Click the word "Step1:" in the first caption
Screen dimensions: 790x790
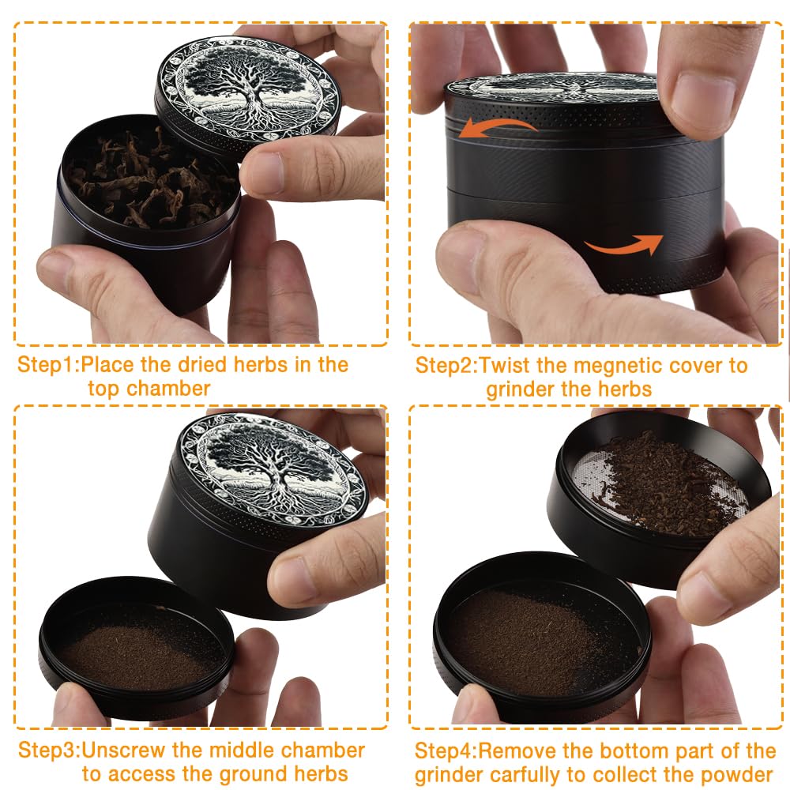49,364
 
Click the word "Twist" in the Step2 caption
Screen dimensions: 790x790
505,366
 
